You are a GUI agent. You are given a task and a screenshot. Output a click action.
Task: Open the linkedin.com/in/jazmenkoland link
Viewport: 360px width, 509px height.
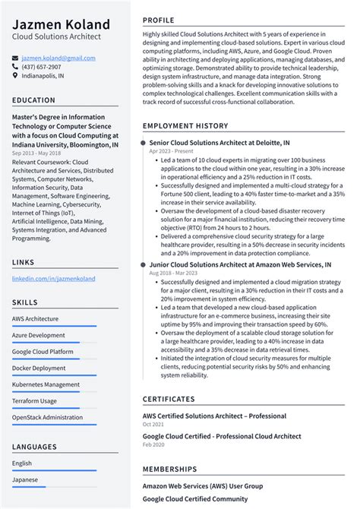pyautogui.click(x=53, y=279)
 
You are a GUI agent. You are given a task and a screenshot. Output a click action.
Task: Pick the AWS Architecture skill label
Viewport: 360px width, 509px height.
pyautogui.click(x=35, y=318)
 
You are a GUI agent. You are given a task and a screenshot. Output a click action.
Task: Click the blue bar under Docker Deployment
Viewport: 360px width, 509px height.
pyautogui.click(x=54, y=375)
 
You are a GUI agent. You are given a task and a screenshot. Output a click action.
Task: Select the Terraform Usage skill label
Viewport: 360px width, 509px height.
pyautogui.click(x=34, y=401)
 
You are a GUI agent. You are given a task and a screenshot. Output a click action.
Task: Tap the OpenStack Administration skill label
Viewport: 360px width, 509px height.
pyautogui.click(x=47, y=417)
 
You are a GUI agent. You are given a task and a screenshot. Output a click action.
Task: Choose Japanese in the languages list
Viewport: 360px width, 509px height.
pyautogui.click(x=25, y=479)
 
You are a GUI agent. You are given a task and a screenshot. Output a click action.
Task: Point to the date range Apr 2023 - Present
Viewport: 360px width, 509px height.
pyautogui.click(x=172, y=151)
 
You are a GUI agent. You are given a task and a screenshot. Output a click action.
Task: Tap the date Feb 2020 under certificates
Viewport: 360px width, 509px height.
pyautogui.click(x=153, y=445)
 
